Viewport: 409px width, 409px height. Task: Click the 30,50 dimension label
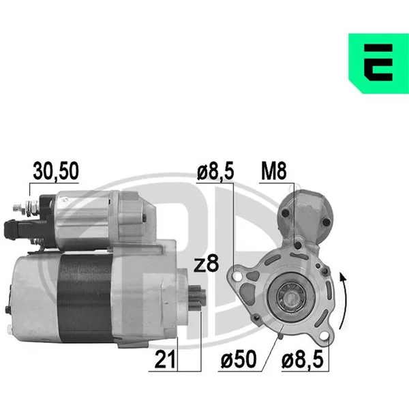pyautogui.click(x=56, y=171)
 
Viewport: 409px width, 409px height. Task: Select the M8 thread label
pyautogui.click(x=274, y=171)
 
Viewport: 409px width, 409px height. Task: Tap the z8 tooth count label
pyautogui.click(x=206, y=264)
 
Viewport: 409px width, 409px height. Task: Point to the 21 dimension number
pyautogui.click(x=165, y=359)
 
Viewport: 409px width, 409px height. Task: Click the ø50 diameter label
pyautogui.click(x=239, y=359)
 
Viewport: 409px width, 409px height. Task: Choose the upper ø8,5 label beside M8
pyautogui.click(x=215, y=171)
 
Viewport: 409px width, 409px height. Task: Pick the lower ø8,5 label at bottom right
pyautogui.click(x=303, y=359)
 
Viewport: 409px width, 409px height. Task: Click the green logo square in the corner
pyautogui.click(x=378, y=63)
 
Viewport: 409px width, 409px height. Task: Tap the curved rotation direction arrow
pyautogui.click(x=344, y=300)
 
